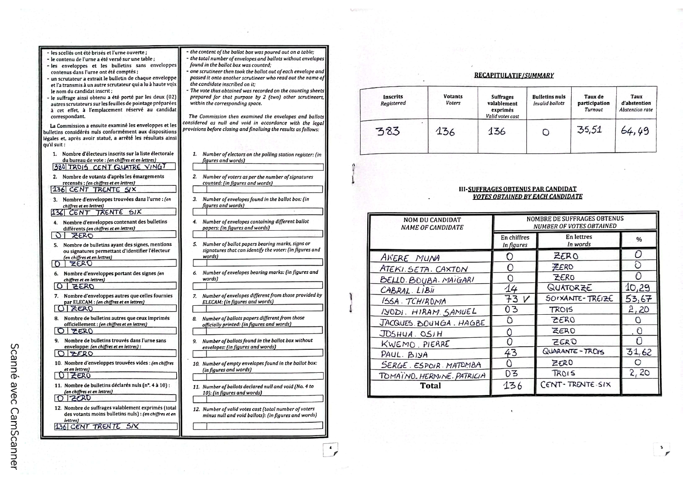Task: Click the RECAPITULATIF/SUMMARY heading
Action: click(514, 76)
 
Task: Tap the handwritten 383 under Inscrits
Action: click(388, 131)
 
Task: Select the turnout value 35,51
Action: click(590, 130)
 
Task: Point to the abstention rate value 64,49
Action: click(635, 131)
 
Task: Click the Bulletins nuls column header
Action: click(549, 100)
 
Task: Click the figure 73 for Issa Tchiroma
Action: click(512, 299)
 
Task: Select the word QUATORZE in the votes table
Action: click(569, 288)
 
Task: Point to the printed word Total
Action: click(430, 386)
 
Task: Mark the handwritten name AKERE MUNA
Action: click(410, 258)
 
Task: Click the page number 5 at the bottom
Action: click(661, 448)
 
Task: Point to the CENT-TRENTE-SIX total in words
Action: click(575, 385)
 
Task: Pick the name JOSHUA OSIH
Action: click(411, 334)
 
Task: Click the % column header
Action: click(639, 240)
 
